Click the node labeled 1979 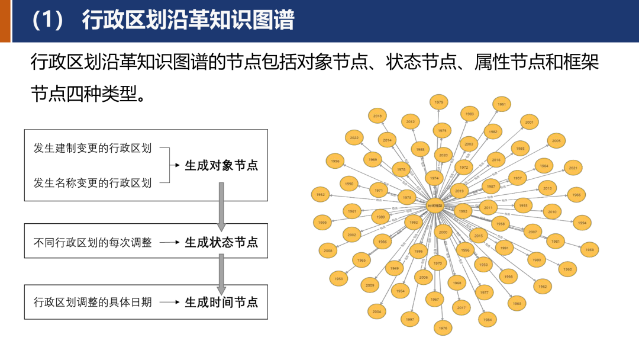(x=438, y=102)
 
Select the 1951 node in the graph (x=502, y=104)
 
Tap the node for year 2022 (x=354, y=137)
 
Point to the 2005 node (x=556, y=141)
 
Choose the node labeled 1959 (x=589, y=250)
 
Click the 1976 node (x=442, y=327)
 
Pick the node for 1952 (x=321, y=194)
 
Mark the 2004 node (x=376, y=311)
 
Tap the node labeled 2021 (x=573, y=168)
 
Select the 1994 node (x=582, y=223)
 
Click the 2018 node (x=377, y=116)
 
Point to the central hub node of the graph (x=435, y=205)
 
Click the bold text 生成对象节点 (x=221, y=165)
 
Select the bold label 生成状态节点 (x=221, y=242)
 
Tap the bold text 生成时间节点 (x=221, y=302)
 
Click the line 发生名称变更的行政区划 (x=93, y=183)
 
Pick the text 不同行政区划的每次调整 (x=93, y=242)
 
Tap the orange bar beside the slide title (x=5, y=21)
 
